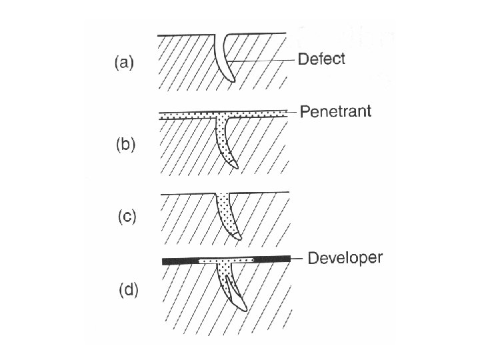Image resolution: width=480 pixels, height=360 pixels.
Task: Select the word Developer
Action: coord(345,258)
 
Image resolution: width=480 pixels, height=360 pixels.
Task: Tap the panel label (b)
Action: coord(123,144)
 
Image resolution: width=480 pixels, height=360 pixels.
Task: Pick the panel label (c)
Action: coord(123,216)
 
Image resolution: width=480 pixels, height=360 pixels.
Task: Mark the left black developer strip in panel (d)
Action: coord(180,260)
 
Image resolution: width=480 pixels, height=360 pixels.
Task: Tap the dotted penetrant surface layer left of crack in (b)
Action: coord(187,115)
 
